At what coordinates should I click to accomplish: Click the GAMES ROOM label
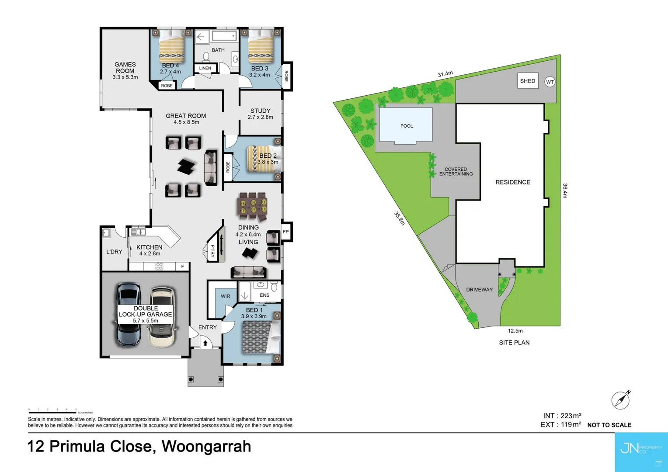125,70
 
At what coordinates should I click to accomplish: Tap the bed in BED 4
171,46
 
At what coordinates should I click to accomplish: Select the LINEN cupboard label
205,68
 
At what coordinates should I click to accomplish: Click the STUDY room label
260,114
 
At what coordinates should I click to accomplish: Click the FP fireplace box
286,232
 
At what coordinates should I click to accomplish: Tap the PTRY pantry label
212,250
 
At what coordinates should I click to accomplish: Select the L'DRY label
114,252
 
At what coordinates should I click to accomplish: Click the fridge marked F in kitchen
182,266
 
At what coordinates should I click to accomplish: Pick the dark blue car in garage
129,315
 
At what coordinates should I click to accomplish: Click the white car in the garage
162,317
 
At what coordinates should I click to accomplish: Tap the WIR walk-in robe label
225,296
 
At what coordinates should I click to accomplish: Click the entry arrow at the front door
205,343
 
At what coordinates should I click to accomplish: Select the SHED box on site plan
528,81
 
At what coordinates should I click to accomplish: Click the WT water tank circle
550,82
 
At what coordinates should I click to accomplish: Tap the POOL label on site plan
407,126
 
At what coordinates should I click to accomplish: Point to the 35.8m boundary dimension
400,218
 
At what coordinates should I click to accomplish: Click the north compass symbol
621,400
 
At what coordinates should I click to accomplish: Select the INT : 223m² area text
562,416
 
